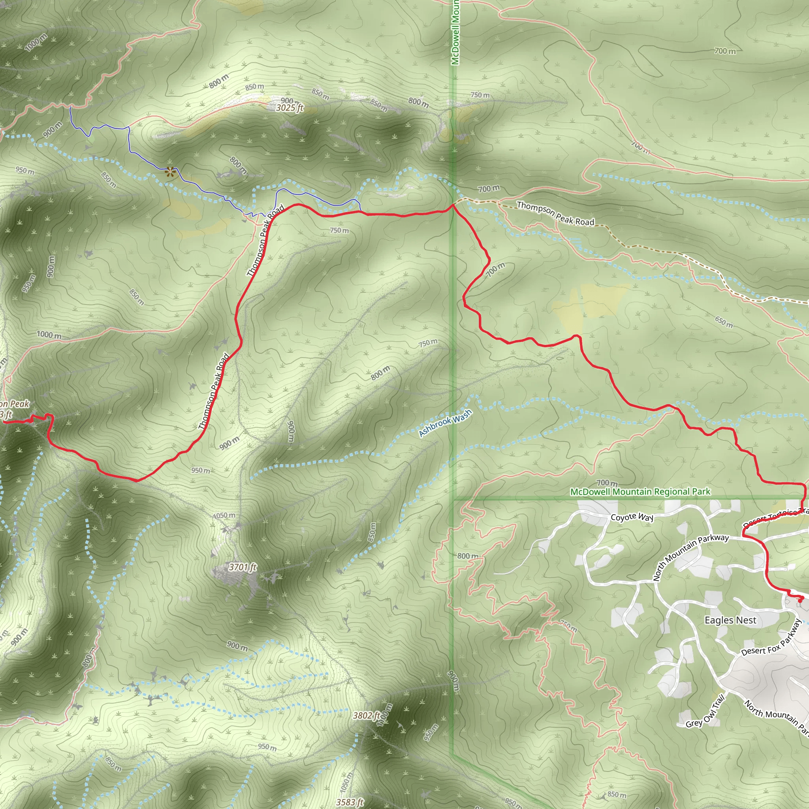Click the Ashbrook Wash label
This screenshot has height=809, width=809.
coord(445,423)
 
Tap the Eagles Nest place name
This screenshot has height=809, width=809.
coord(730,620)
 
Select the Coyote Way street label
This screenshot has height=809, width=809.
coord(632,517)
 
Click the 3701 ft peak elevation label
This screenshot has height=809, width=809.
coord(243,567)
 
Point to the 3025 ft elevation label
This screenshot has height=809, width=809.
coord(289,108)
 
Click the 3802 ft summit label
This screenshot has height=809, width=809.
coord(366,715)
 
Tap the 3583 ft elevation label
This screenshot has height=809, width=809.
coord(349,802)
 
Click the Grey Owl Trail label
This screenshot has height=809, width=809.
coord(705,712)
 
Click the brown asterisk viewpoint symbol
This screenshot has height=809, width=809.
coord(169,172)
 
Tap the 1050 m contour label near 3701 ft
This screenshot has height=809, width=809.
coord(224,516)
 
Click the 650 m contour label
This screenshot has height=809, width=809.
coord(724,322)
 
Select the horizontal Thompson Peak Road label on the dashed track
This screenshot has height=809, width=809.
coord(555,214)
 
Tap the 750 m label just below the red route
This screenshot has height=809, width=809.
coord(339,230)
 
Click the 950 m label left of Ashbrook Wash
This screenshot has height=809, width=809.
coord(201,470)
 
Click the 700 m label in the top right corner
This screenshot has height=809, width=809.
coord(725,51)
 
